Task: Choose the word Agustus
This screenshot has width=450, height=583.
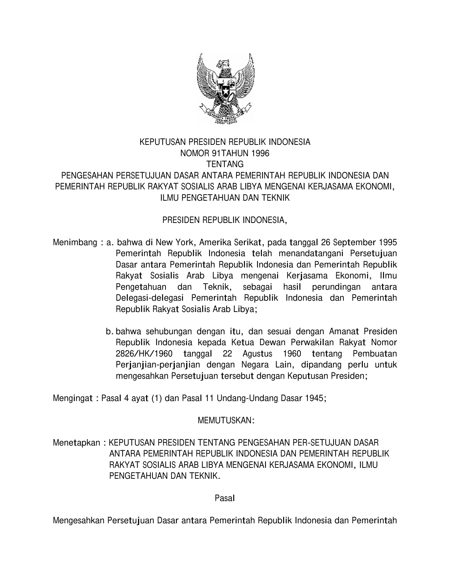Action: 257,354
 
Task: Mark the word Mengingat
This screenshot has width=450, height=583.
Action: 73,398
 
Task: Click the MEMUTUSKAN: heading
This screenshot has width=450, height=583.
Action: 225,420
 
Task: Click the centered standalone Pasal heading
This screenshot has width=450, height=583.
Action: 225,498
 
